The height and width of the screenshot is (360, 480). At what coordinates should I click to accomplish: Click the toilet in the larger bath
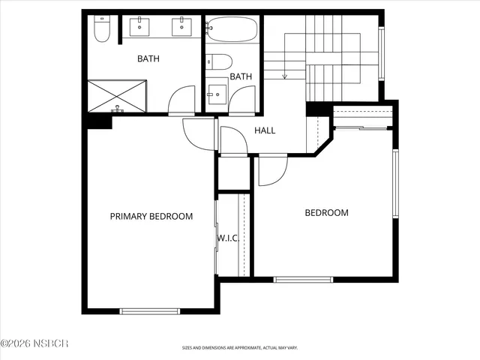102,31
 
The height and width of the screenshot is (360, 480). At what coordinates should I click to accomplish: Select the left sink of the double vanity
140,28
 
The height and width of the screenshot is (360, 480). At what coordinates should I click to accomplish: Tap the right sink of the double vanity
182,28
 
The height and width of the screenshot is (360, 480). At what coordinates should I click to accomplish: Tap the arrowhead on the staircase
285,75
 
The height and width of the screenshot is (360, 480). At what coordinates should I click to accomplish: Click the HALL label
265,130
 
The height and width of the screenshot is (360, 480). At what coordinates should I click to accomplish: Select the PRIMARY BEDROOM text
151,216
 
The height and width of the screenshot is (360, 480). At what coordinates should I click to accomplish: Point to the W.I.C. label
228,238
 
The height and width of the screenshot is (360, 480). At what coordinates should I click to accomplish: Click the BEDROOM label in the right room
326,212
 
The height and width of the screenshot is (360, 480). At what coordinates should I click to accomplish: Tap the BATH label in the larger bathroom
147,58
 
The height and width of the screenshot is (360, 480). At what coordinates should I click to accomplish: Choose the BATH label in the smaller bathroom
241,76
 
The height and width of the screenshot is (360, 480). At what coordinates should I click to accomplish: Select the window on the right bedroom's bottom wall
303,280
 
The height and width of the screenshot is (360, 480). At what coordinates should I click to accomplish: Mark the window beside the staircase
381,52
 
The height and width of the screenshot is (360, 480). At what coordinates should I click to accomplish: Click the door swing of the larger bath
181,100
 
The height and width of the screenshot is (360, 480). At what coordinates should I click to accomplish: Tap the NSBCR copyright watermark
34,343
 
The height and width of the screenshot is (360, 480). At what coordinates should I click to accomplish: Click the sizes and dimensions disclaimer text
240,348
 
